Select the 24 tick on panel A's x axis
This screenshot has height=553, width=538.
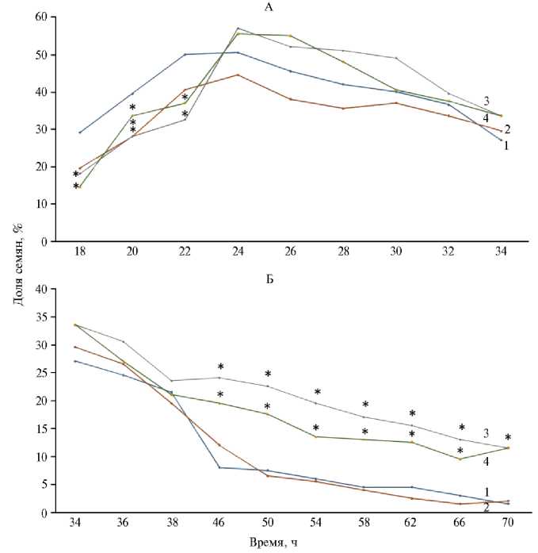238,253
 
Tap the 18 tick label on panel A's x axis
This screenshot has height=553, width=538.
79,253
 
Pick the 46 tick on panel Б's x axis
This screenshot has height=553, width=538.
219,524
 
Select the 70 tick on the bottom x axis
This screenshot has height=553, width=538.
502,524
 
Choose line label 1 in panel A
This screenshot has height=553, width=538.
505,145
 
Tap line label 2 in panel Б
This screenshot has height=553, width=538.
485,507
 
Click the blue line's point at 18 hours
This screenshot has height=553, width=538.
79,132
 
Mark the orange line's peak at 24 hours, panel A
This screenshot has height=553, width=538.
238,75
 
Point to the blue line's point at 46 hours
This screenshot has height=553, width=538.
219,467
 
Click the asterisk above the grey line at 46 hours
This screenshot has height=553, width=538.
220,367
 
